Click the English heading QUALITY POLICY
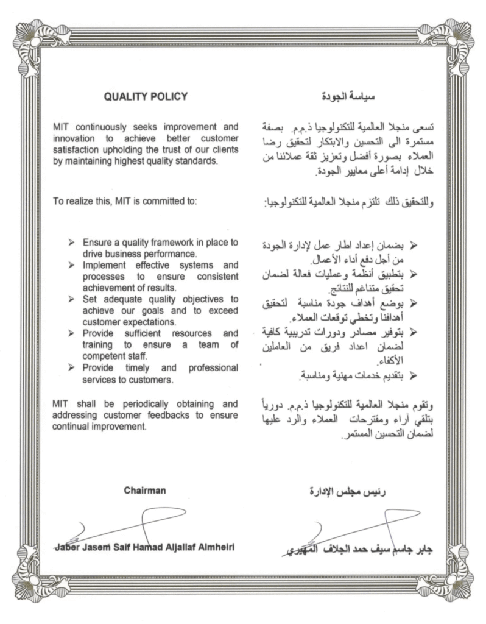[x=146, y=96]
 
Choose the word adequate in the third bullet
[x=118, y=299]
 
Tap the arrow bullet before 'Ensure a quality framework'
[x=72, y=243]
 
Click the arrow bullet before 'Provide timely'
[x=72, y=369]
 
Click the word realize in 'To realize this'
[x=79, y=202]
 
